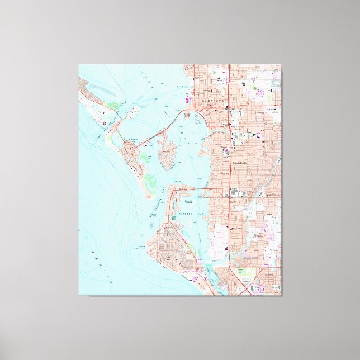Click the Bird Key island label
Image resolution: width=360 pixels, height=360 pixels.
coord(167,150)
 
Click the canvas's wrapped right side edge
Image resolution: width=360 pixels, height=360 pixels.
coord(281,179)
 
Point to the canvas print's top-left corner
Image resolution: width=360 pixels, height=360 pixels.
coord(79,65)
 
